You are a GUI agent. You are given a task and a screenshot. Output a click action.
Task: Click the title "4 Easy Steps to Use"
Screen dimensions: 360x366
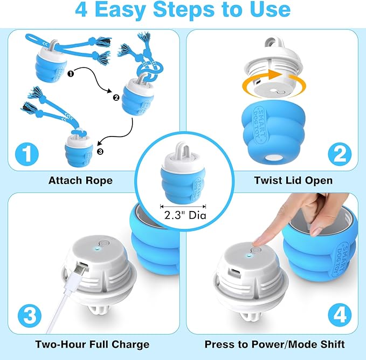pos(183,10)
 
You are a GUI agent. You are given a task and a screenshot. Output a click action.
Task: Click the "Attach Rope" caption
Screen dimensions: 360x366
pos(80,180)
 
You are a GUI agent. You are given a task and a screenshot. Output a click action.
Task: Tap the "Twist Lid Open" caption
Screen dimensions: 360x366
pos(286,180)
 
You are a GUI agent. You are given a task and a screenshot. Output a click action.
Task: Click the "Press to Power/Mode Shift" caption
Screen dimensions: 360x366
pos(275,344)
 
